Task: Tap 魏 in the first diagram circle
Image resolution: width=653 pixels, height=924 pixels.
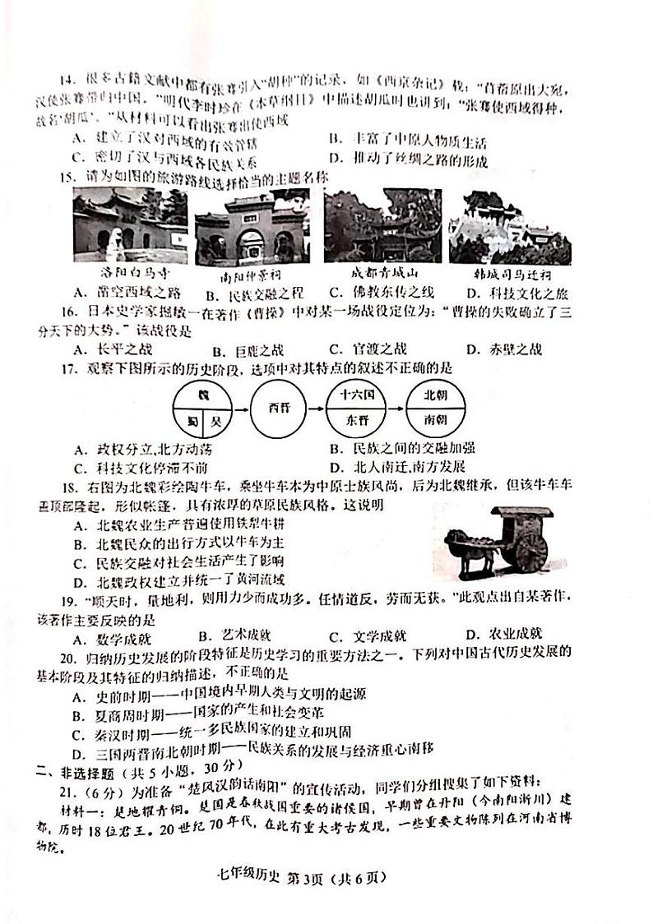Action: pyautogui.click(x=202, y=395)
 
